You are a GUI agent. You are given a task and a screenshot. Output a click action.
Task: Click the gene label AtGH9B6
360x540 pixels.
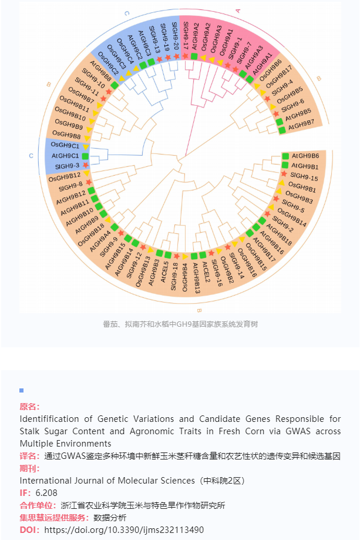pos(305,156)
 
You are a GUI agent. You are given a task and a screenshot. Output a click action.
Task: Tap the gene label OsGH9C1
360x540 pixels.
pos(65,145)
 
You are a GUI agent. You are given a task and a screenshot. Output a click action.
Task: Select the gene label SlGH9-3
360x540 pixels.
pos(67,166)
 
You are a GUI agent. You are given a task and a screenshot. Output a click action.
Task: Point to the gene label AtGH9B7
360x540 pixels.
pos(301,125)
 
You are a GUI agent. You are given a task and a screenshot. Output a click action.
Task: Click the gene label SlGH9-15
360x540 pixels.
pos(304,177)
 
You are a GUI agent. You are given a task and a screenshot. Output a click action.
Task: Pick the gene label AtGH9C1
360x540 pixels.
pos(65,156)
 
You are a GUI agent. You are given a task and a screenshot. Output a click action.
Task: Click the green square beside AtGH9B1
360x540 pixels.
pos(285,165)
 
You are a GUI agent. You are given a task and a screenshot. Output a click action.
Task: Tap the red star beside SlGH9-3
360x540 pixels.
pos(85,165)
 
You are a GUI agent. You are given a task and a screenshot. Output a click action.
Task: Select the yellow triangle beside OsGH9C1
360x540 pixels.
pos(85,147)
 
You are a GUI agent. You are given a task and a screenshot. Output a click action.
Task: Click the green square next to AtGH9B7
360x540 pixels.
pos(282,130)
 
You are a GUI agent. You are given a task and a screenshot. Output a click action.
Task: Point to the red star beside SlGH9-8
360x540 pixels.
pos(89,182)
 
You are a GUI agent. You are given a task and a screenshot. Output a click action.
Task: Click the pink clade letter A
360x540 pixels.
pos(238,11)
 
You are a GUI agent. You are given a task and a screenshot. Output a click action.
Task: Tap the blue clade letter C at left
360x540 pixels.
pos(31,156)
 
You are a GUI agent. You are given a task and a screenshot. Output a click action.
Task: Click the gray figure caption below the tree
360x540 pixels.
pos(180,324)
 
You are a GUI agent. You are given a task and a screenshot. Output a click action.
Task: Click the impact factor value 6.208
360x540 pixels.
pos(46,493)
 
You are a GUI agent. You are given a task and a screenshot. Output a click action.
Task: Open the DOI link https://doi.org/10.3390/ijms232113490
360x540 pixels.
pos(124,529)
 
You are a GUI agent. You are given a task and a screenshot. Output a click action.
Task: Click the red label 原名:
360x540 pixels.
pos(29,407)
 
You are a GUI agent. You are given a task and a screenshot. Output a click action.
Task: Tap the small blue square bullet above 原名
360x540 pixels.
pos(22,390)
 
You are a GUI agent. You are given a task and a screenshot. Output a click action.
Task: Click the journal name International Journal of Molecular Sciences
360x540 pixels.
pos(107,481)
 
